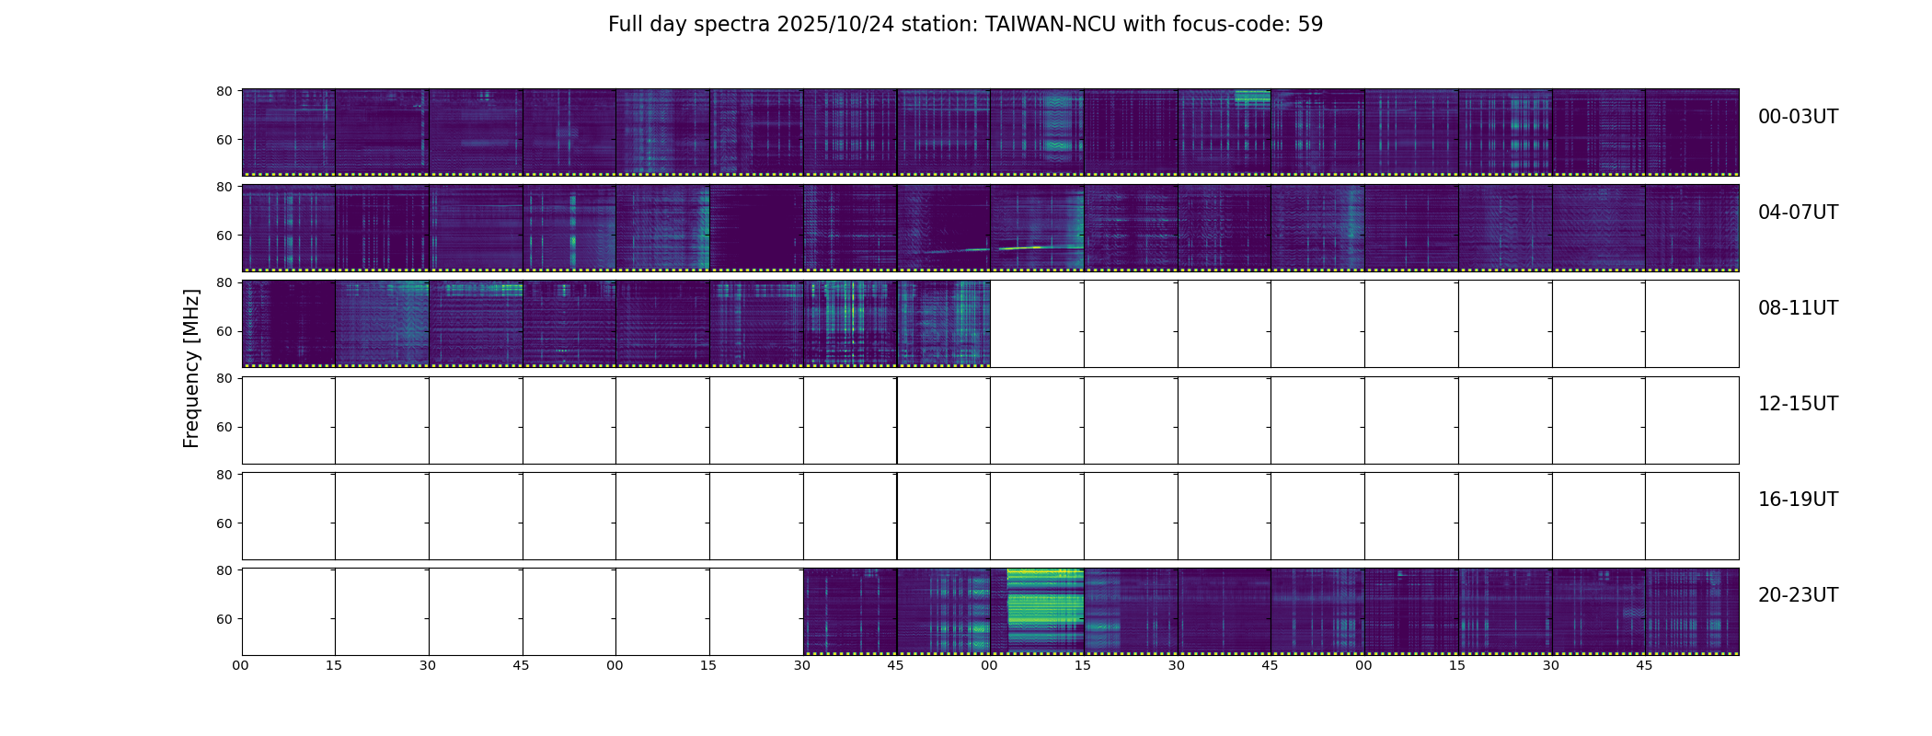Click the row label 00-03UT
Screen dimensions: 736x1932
[1798, 117]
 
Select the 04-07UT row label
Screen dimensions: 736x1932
[1798, 213]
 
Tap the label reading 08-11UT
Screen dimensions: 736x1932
[1798, 308]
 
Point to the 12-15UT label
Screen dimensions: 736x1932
[1798, 404]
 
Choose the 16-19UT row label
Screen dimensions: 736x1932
[1798, 500]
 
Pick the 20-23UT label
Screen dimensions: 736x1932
[1798, 595]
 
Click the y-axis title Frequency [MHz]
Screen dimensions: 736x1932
[191, 368]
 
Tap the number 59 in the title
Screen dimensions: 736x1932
[1310, 25]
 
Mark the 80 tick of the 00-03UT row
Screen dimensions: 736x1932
[224, 91]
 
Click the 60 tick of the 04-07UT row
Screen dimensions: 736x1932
[224, 236]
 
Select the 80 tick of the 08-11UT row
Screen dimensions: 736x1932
[224, 282]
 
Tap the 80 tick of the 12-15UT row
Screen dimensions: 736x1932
[224, 378]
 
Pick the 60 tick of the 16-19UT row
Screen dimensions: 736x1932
[224, 523]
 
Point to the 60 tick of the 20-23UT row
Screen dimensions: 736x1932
[224, 619]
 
